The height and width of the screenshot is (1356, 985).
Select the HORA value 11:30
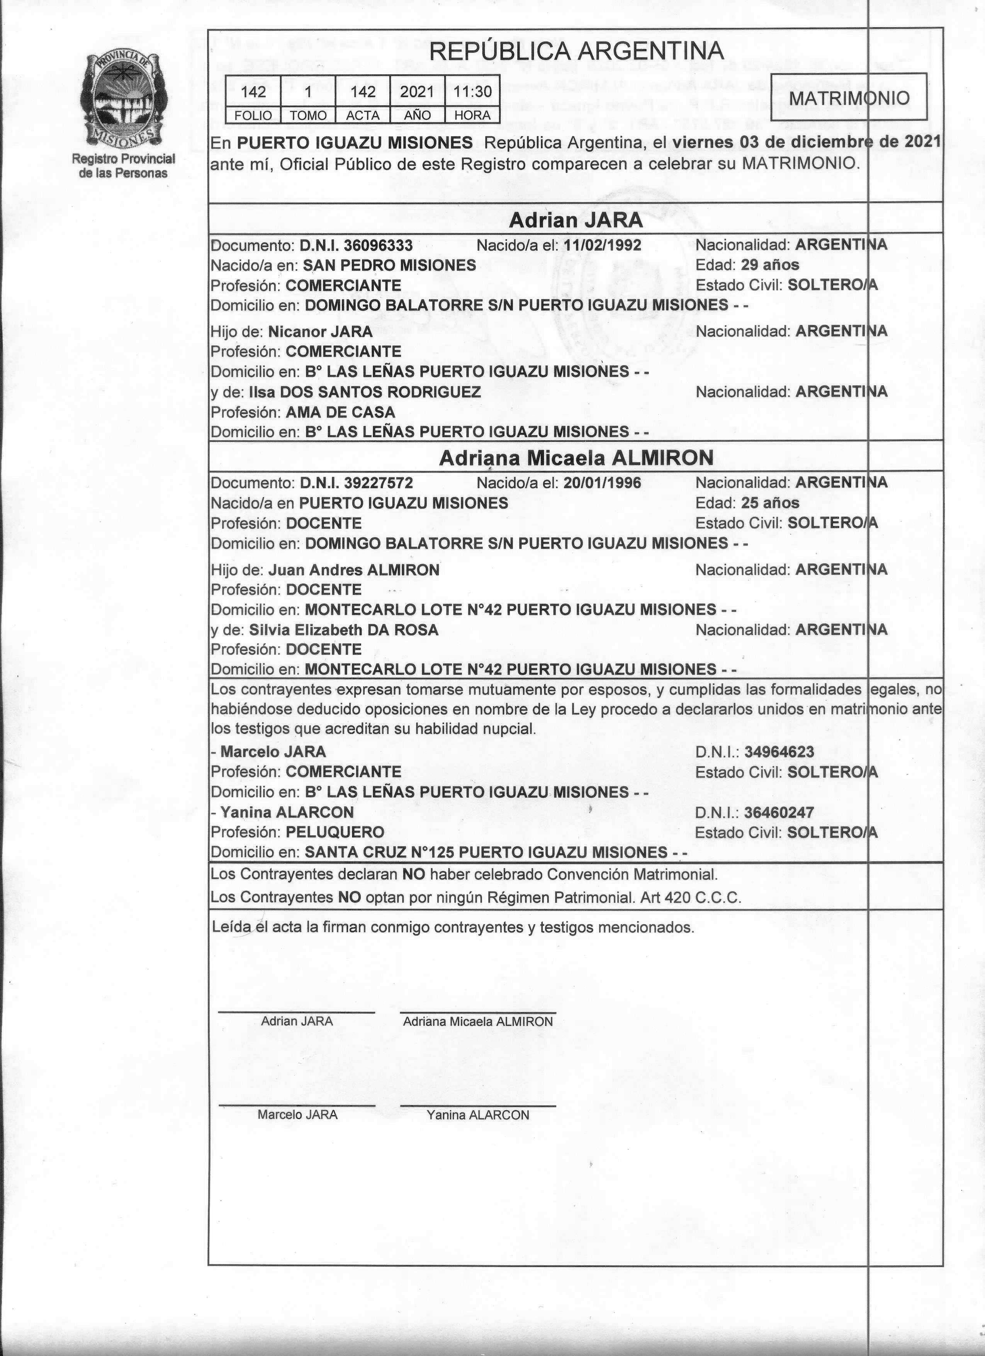click(x=472, y=92)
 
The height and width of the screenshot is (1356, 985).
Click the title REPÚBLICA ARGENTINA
click(x=576, y=51)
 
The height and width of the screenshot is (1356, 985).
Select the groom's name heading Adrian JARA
click(x=576, y=221)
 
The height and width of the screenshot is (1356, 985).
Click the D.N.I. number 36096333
click(x=356, y=246)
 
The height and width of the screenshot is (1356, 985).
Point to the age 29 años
click(x=770, y=265)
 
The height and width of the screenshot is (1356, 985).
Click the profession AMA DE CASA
click(x=340, y=413)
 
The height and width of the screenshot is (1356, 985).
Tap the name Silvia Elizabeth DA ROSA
click(x=344, y=630)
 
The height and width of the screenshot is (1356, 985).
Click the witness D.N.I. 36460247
click(x=779, y=812)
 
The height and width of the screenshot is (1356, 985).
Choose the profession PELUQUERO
click(x=335, y=832)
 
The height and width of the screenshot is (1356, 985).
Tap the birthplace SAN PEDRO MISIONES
click(x=390, y=265)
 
